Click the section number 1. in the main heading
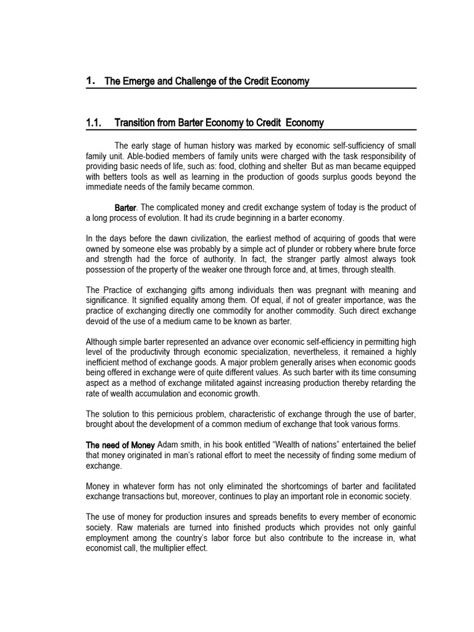tap(90, 81)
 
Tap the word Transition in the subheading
tap(136, 123)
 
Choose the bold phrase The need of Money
tap(120, 445)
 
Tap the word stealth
tap(381, 270)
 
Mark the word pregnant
tap(322, 290)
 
